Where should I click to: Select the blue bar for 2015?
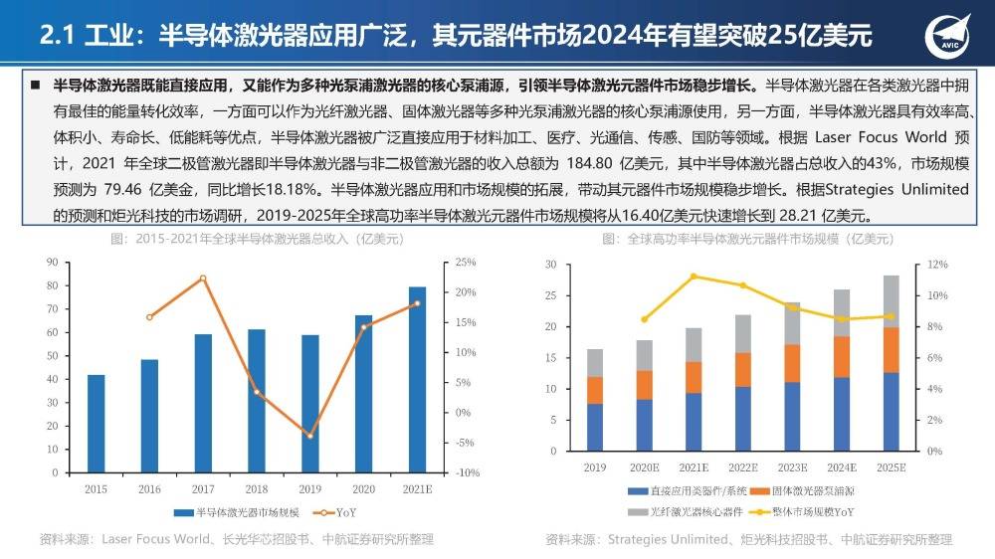pyautogui.click(x=97, y=423)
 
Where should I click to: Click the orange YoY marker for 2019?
pyautogui.click(x=310, y=436)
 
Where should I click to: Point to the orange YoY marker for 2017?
pyautogui.click(x=203, y=279)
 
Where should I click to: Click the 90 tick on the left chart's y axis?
pyautogui.click(x=51, y=262)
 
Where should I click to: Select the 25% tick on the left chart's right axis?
pyautogui.click(x=466, y=262)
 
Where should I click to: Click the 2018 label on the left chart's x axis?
pyautogui.click(x=257, y=489)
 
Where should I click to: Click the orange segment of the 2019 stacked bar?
pyautogui.click(x=595, y=390)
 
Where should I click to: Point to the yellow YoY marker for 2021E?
pyautogui.click(x=694, y=276)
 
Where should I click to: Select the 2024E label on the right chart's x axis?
pyautogui.click(x=841, y=467)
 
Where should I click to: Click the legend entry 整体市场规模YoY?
pyautogui.click(x=811, y=512)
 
